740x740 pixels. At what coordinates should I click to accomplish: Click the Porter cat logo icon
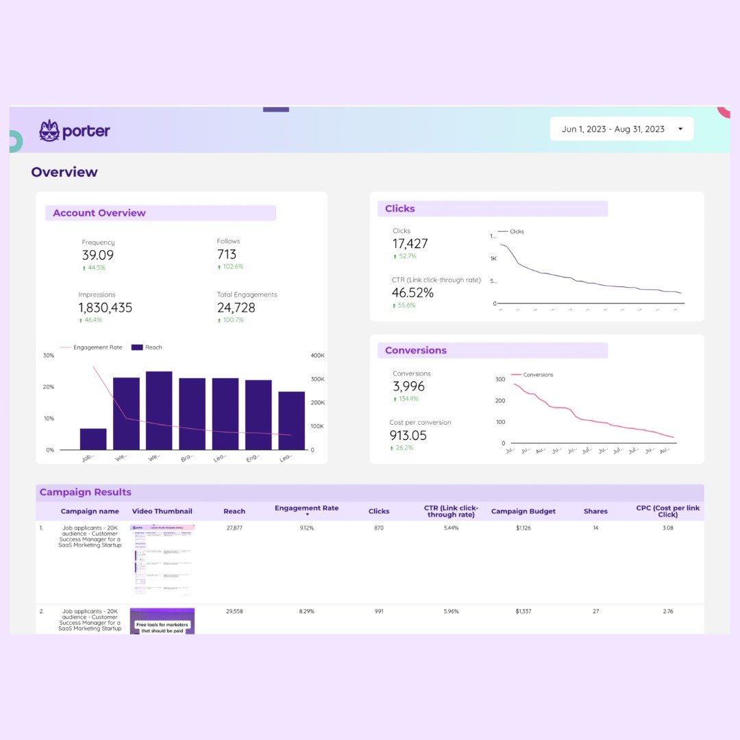pos(49,131)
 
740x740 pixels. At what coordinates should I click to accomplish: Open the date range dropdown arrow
pos(680,129)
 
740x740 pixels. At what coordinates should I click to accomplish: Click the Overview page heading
pos(64,172)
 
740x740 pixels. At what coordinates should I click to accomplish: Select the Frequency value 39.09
pos(98,255)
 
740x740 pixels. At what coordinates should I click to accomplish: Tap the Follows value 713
pos(227,254)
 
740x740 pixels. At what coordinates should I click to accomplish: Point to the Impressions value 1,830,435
pos(106,308)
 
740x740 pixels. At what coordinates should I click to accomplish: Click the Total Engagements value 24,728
pos(236,308)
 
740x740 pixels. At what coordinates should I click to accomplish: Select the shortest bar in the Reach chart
pos(93,439)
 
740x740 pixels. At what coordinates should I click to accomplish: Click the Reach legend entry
pos(147,347)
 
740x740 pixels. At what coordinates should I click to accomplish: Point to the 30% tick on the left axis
pos(49,355)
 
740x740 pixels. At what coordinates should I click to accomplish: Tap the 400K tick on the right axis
pos(318,355)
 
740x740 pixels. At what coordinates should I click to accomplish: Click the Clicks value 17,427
pos(410,243)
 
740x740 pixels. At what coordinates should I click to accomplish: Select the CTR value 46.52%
pos(412,293)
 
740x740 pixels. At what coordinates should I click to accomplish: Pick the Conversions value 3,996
pos(409,386)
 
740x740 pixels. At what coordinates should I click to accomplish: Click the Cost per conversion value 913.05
pos(408,435)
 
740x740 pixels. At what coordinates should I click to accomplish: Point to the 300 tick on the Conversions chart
pos(500,379)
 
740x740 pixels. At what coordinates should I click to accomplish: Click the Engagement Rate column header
pos(306,508)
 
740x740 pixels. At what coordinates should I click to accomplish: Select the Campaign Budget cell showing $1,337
pos(523,611)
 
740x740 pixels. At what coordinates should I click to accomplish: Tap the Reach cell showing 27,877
pos(234,528)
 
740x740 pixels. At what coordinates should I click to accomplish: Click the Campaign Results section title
pos(86,492)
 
